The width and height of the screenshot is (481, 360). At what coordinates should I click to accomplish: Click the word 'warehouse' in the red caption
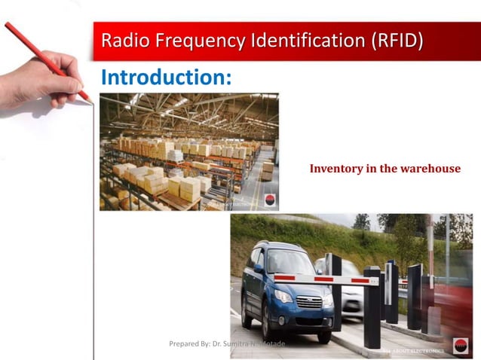pos(430,168)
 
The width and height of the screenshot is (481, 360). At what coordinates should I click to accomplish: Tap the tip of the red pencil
pos(91,102)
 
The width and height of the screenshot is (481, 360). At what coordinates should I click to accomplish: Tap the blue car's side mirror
pos(258,268)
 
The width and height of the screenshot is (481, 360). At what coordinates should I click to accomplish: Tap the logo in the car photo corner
pos(460,348)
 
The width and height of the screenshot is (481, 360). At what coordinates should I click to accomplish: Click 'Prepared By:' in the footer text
pos(189,343)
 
